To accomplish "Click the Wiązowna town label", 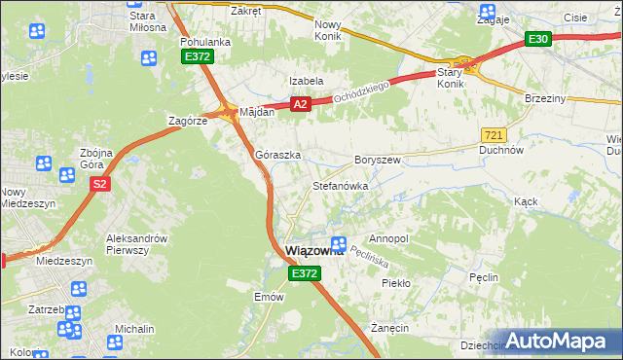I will pos(311,251).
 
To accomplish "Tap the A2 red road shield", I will pos(300,104).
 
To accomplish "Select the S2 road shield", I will pos(102,183).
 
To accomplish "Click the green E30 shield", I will pos(538,39).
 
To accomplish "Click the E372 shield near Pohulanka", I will pos(198,58).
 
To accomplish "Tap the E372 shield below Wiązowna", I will pos(304,275).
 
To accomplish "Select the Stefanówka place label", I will pos(339,185).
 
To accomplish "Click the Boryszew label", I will pos(378,159).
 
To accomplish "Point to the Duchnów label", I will pos(502,151).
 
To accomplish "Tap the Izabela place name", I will pos(305,81).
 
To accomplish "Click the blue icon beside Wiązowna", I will pos(338,244).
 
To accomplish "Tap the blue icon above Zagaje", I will pos(487,13).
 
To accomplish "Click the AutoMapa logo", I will pos(557,342).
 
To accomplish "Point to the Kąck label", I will pos(526,200).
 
